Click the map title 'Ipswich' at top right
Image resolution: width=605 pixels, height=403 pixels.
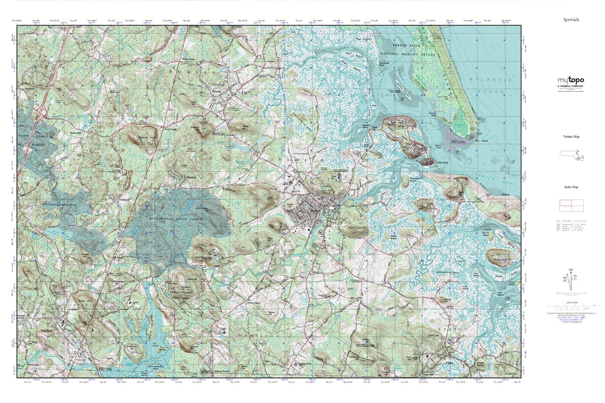[571, 19]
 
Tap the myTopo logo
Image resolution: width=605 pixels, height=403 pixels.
[571, 80]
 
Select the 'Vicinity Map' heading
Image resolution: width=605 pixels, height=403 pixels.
[571, 137]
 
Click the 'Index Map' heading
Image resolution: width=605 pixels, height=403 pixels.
[571, 187]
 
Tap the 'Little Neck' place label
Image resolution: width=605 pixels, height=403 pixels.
[441, 163]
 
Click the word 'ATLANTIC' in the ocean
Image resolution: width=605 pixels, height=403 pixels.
[491, 80]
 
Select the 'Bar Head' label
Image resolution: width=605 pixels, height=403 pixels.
[482, 141]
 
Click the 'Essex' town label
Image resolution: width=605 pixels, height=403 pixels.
[449, 363]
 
